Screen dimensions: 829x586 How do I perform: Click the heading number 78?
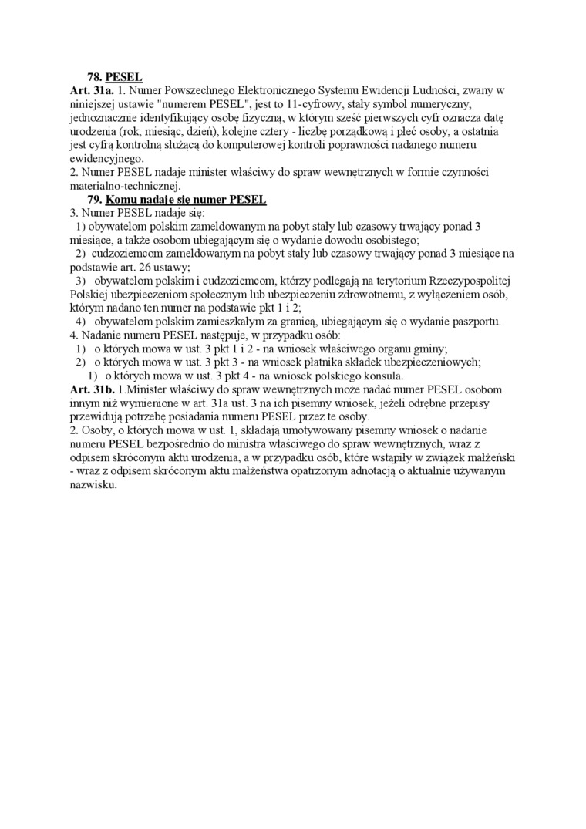point(95,78)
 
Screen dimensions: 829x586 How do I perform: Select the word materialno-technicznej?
point(124,185)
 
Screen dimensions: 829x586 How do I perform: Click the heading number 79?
point(95,199)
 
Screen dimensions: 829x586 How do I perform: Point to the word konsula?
point(382,376)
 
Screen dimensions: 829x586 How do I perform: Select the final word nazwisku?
point(93,486)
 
